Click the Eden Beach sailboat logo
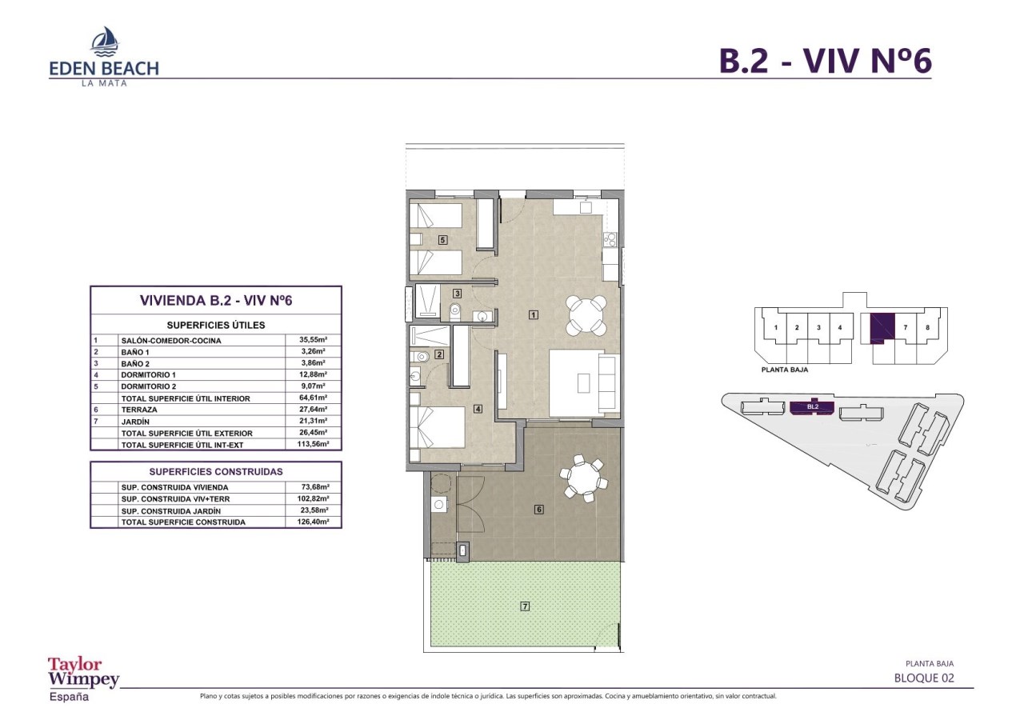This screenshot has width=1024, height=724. [x=105, y=42]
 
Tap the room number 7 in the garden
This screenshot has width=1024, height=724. [x=525, y=606]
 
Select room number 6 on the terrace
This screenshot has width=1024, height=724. [x=539, y=509]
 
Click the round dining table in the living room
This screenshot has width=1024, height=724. [x=586, y=315]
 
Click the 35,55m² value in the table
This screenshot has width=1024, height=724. [x=313, y=340]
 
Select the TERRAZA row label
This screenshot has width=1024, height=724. [x=139, y=410]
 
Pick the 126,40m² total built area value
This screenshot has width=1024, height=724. [x=313, y=522]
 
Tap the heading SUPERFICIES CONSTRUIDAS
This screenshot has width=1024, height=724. [x=216, y=472]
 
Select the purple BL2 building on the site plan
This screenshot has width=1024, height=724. [x=812, y=408]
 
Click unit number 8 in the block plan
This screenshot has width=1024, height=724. [x=927, y=327]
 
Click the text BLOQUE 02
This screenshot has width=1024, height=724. [x=924, y=678]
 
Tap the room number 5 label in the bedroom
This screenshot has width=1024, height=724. [x=442, y=239]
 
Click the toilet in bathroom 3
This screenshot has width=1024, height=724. [x=455, y=311]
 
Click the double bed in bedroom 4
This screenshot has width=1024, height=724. [x=438, y=427]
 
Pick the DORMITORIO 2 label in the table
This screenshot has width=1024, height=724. [x=149, y=386]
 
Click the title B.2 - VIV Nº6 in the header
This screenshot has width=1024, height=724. [x=826, y=61]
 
